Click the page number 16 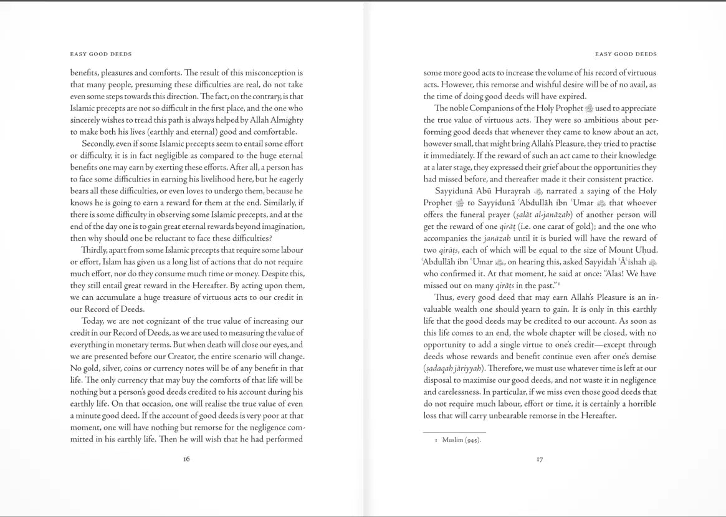(186, 459)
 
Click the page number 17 (540, 459)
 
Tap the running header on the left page (101, 54)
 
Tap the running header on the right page (626, 54)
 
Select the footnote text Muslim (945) (461, 440)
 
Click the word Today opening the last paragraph (92, 321)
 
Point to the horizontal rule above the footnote (454, 432)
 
